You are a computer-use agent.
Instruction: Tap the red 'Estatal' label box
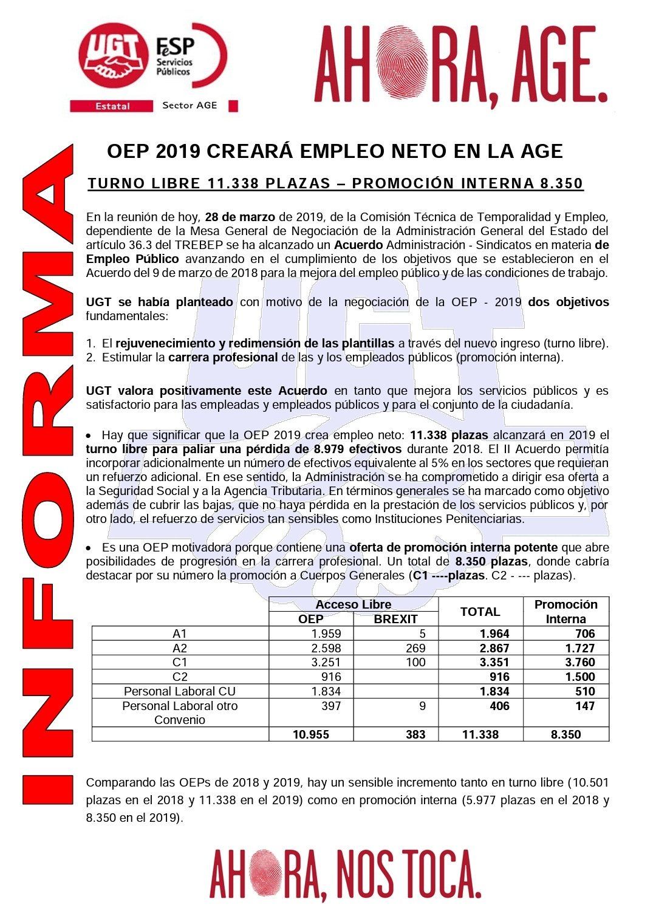112,106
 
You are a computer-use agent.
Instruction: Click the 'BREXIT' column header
395,619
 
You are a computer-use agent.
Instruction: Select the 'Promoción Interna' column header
565,612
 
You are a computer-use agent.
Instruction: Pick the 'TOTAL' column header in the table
480,612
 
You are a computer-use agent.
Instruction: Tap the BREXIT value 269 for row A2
415,648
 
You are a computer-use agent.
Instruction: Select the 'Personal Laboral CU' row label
180,691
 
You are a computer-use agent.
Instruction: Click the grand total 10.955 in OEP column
311,734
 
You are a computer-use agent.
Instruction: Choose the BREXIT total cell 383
415,734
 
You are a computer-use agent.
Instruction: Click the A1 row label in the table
180,634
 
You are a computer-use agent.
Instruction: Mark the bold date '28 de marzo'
239,217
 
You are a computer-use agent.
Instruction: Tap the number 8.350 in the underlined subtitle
561,183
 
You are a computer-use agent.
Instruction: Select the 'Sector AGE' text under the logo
190,105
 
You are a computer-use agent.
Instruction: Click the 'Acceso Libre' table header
353,604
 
